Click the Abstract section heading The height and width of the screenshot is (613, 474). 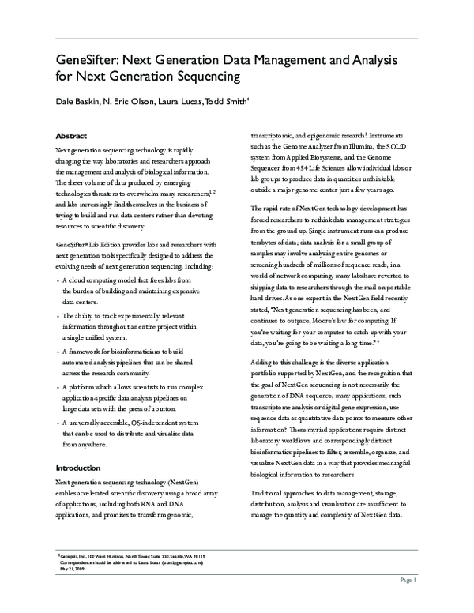point(71,135)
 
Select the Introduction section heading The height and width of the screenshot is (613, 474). point(78,468)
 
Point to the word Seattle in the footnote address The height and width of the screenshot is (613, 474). point(169,555)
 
